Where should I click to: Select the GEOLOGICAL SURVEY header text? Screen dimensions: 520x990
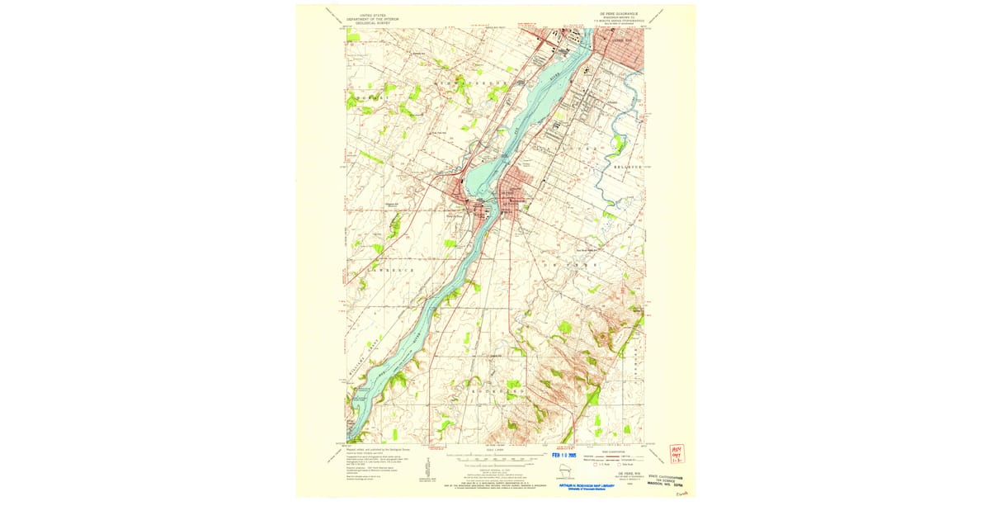(369, 23)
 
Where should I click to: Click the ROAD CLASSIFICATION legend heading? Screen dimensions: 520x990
(615, 451)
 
